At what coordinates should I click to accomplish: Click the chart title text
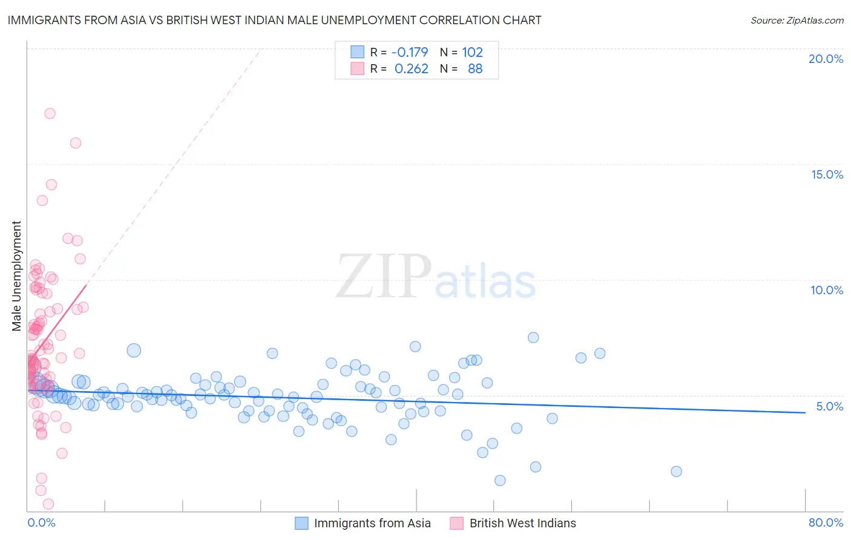click(274, 20)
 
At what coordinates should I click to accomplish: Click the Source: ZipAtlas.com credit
click(797, 20)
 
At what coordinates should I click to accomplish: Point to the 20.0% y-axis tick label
click(826, 59)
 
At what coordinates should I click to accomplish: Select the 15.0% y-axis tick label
click(827, 174)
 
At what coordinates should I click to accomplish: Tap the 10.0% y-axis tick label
click(827, 290)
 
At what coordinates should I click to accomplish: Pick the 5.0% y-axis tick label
click(829, 406)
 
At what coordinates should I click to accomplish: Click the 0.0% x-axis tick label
click(41, 522)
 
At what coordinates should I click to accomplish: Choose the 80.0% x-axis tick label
click(826, 522)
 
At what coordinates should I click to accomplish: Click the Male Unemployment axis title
click(16, 275)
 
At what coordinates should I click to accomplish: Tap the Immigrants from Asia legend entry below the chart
click(372, 523)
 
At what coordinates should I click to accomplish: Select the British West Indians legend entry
click(522, 523)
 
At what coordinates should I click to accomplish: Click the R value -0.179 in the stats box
click(410, 52)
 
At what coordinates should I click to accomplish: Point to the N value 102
click(472, 52)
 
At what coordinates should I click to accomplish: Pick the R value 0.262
click(411, 68)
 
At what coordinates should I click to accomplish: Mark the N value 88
click(475, 68)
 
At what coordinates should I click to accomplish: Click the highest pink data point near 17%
click(50, 113)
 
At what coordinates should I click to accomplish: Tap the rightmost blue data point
click(676, 472)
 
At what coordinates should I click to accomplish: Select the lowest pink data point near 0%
click(48, 504)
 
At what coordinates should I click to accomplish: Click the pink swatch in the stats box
click(357, 68)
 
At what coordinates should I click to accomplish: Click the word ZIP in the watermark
click(384, 277)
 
